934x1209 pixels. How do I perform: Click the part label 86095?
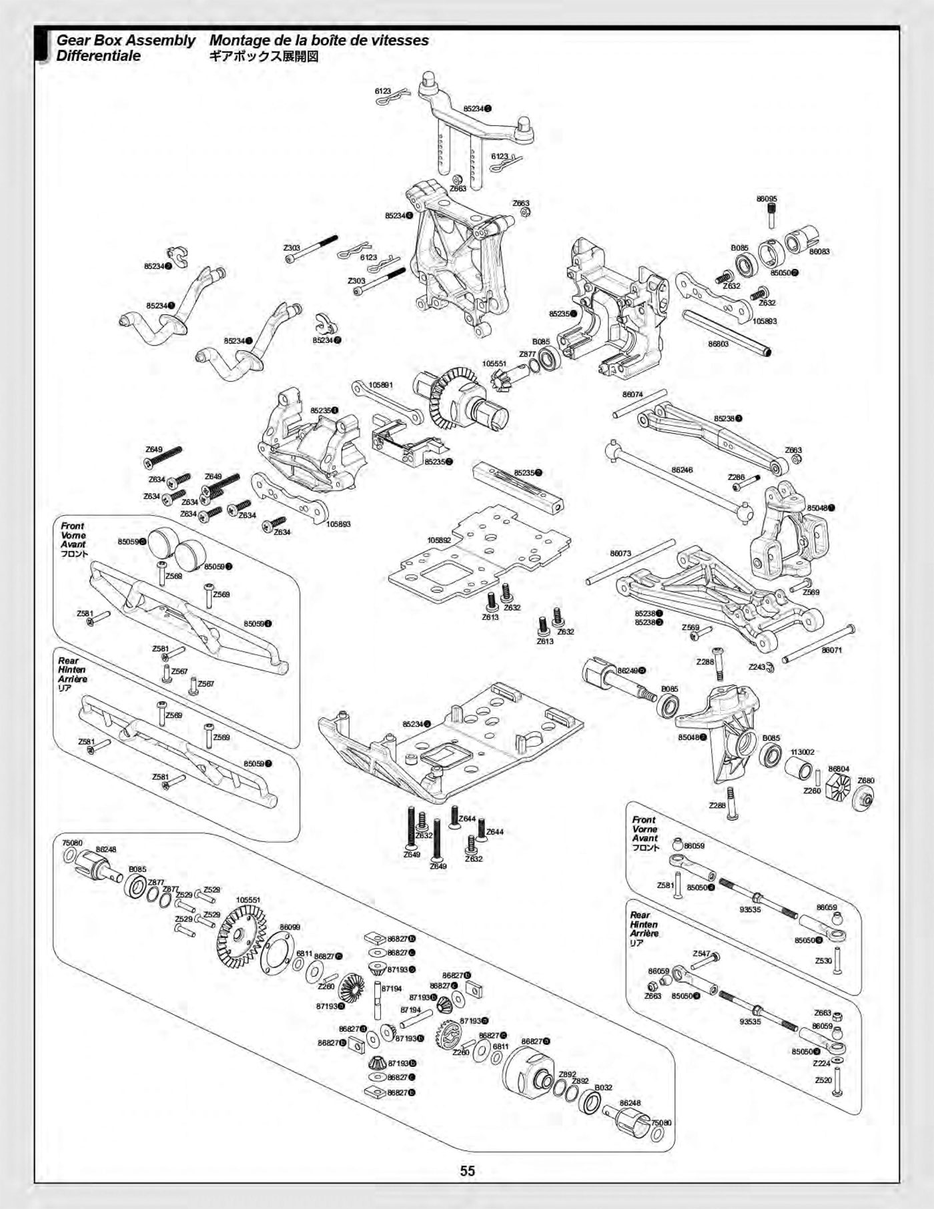(767, 199)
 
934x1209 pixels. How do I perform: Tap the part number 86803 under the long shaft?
(719, 344)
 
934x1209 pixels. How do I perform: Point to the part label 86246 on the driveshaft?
(682, 470)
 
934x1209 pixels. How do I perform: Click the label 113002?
(803, 752)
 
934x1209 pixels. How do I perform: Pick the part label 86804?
(839, 769)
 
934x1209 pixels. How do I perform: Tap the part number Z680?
(866, 780)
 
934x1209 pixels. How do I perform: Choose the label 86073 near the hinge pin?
(620, 553)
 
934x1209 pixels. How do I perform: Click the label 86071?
(831, 650)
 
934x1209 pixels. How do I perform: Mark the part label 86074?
(632, 394)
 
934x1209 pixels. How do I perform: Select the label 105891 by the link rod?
(381, 385)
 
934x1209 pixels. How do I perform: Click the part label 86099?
(290, 927)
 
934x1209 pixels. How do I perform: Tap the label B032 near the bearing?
(603, 1088)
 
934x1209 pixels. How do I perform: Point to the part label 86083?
(819, 252)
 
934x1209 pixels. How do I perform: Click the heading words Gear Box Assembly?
(125, 41)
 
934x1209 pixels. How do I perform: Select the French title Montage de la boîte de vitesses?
(319, 41)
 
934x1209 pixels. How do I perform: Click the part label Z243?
(757, 667)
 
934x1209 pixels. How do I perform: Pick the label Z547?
(701, 953)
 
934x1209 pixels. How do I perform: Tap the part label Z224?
(822, 1063)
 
